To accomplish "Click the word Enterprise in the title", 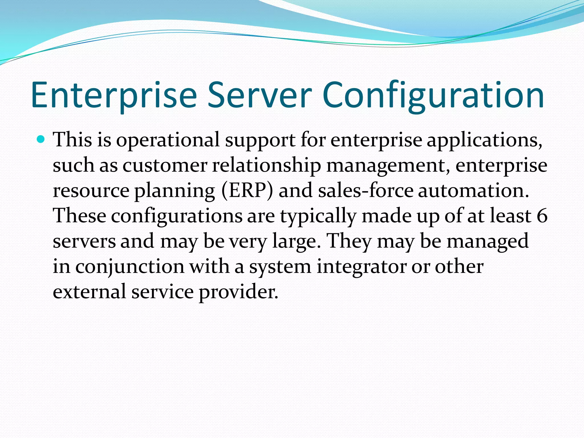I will (x=114, y=96).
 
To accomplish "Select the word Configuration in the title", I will (x=434, y=96).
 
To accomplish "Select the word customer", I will (x=165, y=166).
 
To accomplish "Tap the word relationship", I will (x=266, y=166).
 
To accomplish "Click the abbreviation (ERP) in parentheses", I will (x=247, y=191).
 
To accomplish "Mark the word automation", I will (x=473, y=191).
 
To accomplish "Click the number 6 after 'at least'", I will (x=542, y=216).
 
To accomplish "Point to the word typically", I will (x=318, y=216).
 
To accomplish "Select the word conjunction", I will (x=130, y=267).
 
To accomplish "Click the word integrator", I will (x=362, y=267).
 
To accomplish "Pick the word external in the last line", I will (x=89, y=292).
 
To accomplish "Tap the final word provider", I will (x=238, y=292).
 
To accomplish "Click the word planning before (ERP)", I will (x=175, y=191).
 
